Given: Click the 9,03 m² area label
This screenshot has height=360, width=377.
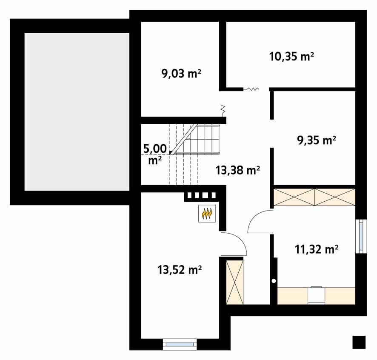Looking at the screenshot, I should click(x=181, y=74).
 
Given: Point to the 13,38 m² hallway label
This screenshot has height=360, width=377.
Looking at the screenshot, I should click(x=238, y=171).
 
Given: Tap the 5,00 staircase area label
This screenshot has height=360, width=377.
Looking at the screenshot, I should click(x=154, y=154).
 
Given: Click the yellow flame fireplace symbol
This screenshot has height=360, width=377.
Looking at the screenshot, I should click(x=207, y=213).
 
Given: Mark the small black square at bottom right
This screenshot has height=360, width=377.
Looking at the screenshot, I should click(x=359, y=342).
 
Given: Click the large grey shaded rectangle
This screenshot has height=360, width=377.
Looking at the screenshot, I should click(x=77, y=111).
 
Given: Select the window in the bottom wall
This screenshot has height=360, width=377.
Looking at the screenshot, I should click(x=180, y=344).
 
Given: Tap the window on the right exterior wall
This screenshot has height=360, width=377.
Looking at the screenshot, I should click(x=361, y=236).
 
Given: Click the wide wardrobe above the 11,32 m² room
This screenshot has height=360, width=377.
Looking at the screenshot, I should click(x=314, y=197).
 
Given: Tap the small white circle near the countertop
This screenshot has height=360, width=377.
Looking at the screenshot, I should click(x=274, y=281).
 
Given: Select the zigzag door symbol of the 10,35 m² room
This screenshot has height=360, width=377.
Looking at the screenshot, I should click(x=251, y=89).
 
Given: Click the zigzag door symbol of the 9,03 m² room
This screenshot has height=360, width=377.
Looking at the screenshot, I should click(x=223, y=109).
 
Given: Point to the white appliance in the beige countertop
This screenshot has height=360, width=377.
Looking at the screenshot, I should click(x=315, y=295).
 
